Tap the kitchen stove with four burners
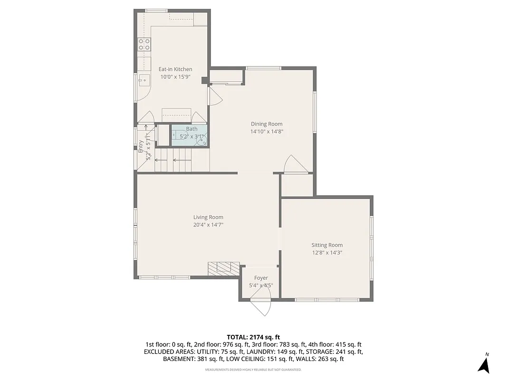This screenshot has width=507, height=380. pyautogui.click(x=144, y=44)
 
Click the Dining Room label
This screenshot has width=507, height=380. pyautogui.click(x=267, y=124)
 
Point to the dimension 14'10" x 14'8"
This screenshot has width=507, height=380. pyautogui.click(x=267, y=132)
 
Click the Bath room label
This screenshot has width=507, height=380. pyautogui.click(x=191, y=129)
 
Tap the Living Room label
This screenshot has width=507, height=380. pyautogui.click(x=208, y=217)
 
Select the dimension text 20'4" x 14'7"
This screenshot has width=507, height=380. pyautogui.click(x=208, y=225)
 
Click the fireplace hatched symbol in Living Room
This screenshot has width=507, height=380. pyautogui.click(x=223, y=268)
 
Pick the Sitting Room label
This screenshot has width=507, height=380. pyautogui.click(x=327, y=245)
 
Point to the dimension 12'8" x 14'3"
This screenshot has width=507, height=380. pyautogui.click(x=327, y=253)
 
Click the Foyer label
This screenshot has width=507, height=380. pyautogui.click(x=261, y=278)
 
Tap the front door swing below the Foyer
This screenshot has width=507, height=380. pyautogui.click(x=261, y=306)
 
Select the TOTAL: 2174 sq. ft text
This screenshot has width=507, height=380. pyautogui.click(x=253, y=337)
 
